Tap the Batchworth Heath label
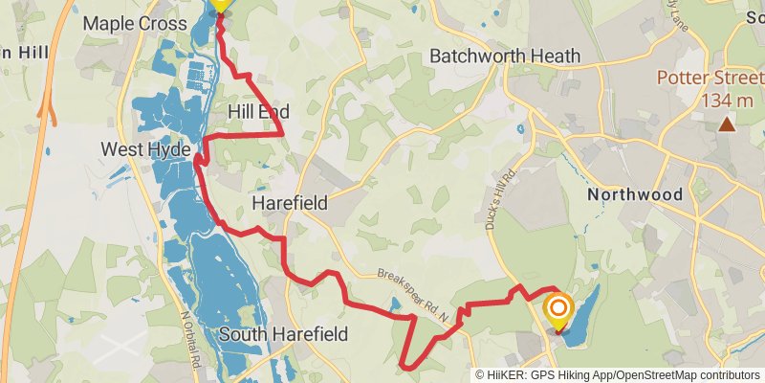coord(505,56)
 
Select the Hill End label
coord(258,112)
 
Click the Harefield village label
coord(290,203)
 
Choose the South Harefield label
coord(283,334)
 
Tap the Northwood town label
coord(635,194)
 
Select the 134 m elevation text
coord(727,101)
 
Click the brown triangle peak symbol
coord(727,124)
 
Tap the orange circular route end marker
coord(558,308)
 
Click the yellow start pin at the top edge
coord(220,4)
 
